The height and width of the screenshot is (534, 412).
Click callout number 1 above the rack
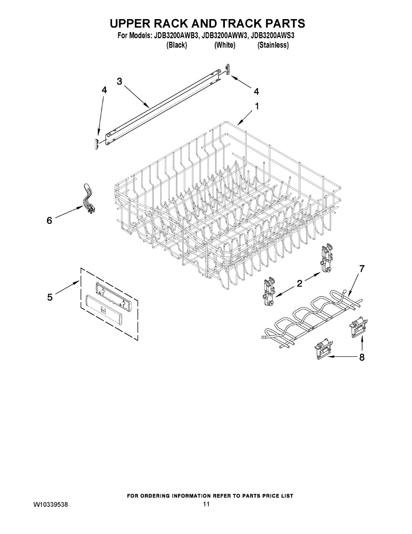[x=256, y=106]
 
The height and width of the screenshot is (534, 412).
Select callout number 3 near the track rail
[x=120, y=81]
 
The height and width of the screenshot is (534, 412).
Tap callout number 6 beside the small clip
[x=49, y=220]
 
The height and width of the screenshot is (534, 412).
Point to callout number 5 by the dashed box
[x=50, y=297]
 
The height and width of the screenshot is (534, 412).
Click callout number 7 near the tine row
[x=362, y=269]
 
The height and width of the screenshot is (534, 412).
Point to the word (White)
[x=224, y=45]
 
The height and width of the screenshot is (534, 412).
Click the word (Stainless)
[x=273, y=45]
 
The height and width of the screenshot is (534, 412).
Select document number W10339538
[x=51, y=504]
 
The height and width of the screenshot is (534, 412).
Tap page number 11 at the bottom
[x=206, y=504]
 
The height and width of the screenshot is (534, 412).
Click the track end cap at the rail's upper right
[x=228, y=69]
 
